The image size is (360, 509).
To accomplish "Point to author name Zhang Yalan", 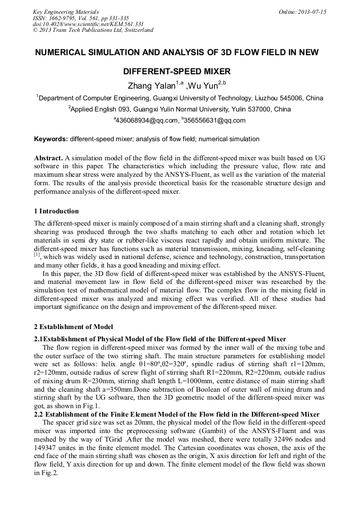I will coord(151,85).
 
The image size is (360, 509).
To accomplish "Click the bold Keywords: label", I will coord(51,139).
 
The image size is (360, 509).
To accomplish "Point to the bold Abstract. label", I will coord(48,159).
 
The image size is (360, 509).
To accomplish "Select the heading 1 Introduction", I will coord(56,211).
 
